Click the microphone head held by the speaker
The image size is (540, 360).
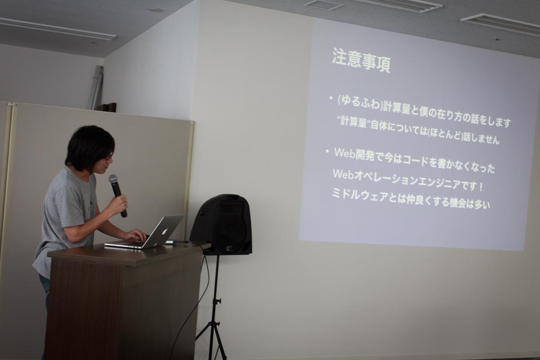point(113,180)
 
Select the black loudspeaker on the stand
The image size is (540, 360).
point(221,225)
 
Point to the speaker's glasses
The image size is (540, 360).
point(108,158)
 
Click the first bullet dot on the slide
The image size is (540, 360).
point(331,98)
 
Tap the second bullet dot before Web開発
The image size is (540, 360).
point(327,152)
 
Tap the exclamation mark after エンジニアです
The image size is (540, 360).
point(481,187)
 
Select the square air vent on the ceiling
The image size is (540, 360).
point(324,4)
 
